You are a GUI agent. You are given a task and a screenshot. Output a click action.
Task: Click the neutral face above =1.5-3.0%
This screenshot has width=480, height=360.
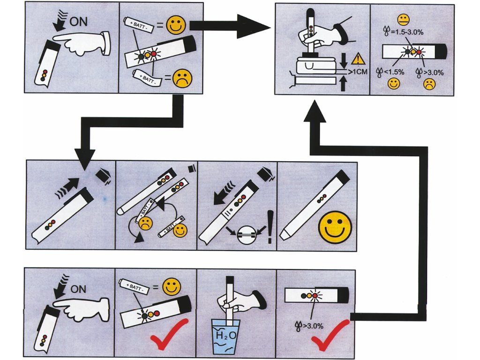click(x=402, y=20)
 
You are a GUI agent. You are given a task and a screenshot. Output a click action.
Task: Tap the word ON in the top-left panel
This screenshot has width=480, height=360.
click(x=79, y=22)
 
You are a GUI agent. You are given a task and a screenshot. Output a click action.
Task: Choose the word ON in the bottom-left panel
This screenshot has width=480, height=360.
click(x=78, y=289)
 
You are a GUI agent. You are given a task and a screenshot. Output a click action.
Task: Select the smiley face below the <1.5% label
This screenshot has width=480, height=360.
click(x=393, y=84)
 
